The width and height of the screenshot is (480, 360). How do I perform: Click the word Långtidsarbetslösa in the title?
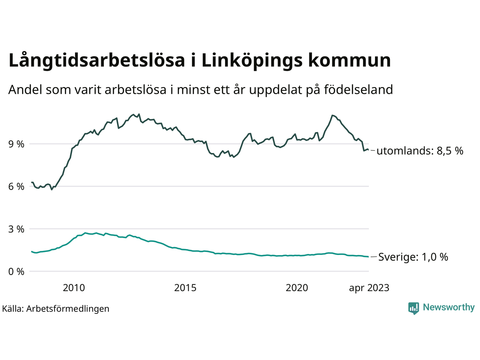[x=96, y=61]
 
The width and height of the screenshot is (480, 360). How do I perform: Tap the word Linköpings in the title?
[x=252, y=61]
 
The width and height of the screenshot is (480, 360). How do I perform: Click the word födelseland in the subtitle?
[x=358, y=90]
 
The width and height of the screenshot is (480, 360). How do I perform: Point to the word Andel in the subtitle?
[x=25, y=90]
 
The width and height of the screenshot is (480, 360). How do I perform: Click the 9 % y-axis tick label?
[x=16, y=144]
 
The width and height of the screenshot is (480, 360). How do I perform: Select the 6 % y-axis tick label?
[x=16, y=186]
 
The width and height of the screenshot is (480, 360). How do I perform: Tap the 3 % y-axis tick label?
[x=16, y=229]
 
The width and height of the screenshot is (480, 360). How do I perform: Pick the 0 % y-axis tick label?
[x=16, y=271]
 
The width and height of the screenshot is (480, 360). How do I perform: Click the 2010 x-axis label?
[x=74, y=288]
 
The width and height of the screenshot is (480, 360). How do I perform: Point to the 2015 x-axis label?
[x=185, y=288]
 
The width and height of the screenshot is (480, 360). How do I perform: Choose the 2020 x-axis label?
[x=297, y=288]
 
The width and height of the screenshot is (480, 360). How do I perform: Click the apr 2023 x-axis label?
[x=369, y=288]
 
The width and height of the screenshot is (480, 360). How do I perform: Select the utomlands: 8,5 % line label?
[x=420, y=151]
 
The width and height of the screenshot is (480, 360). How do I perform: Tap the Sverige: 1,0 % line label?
[x=413, y=257]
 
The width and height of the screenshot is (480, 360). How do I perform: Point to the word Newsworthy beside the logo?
[x=448, y=307]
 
